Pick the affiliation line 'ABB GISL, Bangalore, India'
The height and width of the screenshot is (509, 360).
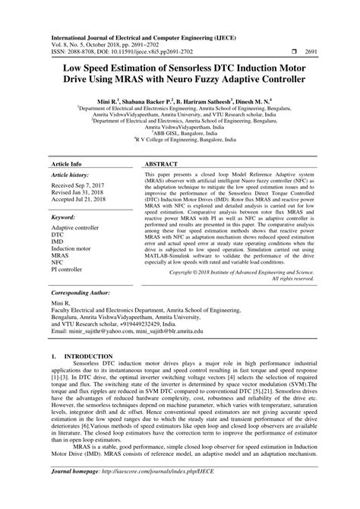[179, 131]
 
